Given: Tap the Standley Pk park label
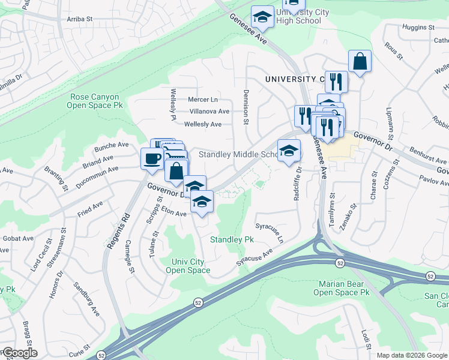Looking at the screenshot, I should [x=232, y=239].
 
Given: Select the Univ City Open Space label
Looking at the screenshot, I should [x=188, y=266].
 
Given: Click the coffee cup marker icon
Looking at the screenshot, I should [x=150, y=158].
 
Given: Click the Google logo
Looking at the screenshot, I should [x=19, y=352].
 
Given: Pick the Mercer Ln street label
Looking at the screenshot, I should [x=203, y=100].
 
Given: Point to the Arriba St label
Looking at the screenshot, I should [x=79, y=19].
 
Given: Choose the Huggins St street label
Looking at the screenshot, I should [x=419, y=28].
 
